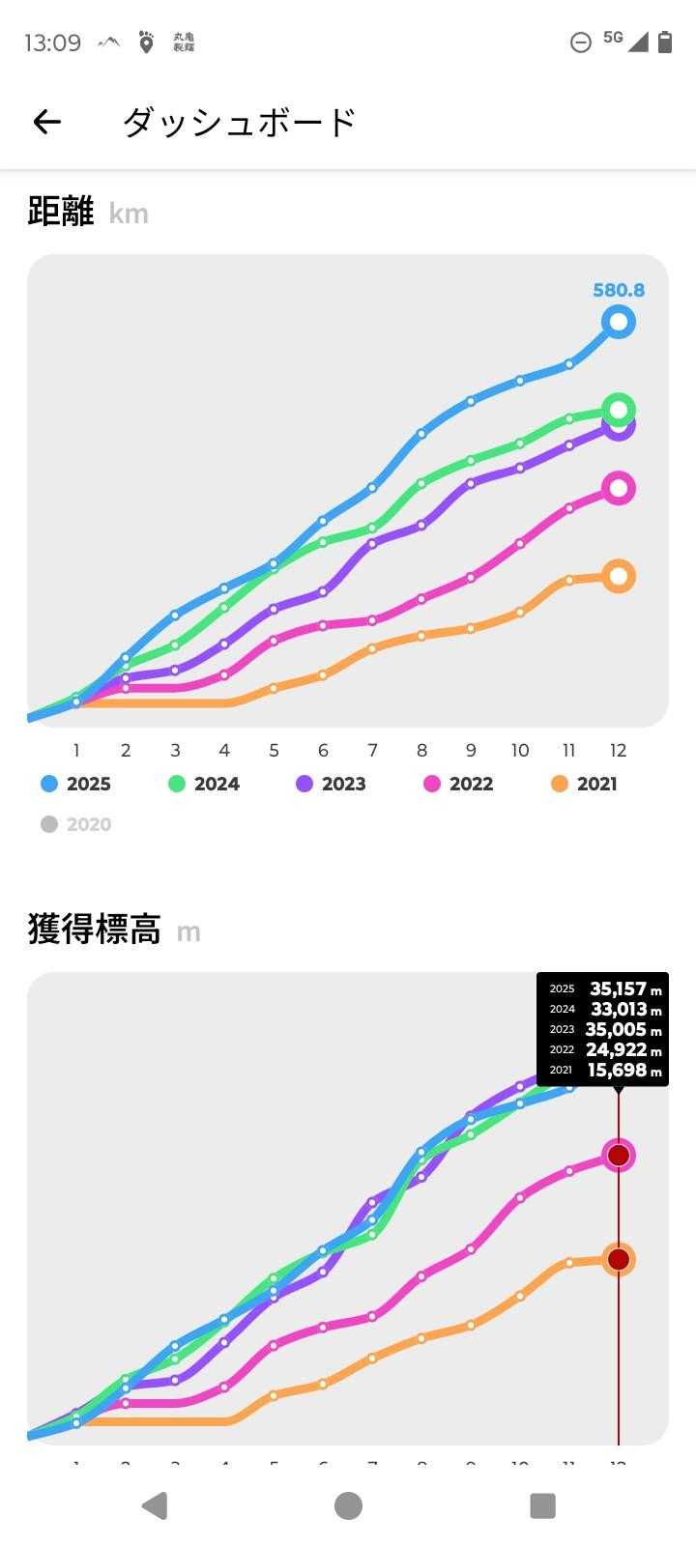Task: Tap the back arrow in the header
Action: [46, 122]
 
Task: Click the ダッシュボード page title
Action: [240, 122]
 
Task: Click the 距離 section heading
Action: [60, 212]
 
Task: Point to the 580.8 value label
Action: [619, 290]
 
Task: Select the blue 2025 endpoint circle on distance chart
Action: [619, 322]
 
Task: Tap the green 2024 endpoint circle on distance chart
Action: [619, 409]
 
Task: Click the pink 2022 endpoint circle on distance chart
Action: [619, 488]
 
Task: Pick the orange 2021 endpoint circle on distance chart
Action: [619, 576]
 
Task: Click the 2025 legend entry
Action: [76, 784]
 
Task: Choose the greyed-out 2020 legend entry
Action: [76, 824]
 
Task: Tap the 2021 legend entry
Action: [585, 784]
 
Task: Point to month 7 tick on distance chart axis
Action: [372, 751]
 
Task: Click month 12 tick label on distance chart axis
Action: [618, 751]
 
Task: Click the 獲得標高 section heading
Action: [94, 930]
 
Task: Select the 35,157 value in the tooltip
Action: [619, 988]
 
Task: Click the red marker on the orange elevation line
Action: [619, 1259]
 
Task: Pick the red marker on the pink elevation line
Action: [619, 1155]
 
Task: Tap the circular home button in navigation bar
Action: [348, 1505]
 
